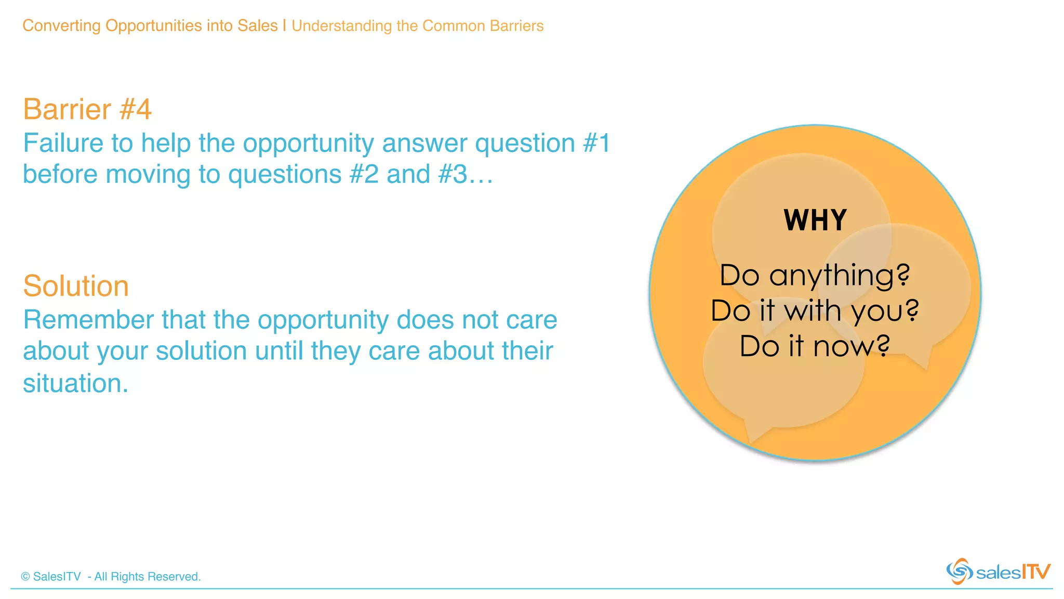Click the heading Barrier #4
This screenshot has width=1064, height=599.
click(87, 109)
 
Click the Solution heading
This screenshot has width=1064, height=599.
click(76, 286)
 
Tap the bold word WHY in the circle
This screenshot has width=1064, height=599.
click(815, 220)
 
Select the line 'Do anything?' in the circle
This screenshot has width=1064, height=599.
click(815, 276)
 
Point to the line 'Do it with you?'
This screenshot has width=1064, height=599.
click(815, 311)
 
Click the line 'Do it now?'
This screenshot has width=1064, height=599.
click(815, 346)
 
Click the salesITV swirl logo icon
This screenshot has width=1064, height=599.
click(959, 571)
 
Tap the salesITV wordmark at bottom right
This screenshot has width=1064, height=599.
click(1013, 572)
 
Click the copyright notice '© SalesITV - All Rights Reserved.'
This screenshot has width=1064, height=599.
click(111, 577)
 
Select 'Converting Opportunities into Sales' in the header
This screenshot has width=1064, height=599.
click(150, 25)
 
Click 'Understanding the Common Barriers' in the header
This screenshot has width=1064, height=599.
click(417, 25)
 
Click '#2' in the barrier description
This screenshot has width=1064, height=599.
click(364, 174)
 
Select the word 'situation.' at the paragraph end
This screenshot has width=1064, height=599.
click(75, 384)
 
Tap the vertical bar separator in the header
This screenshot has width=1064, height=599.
click(285, 25)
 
